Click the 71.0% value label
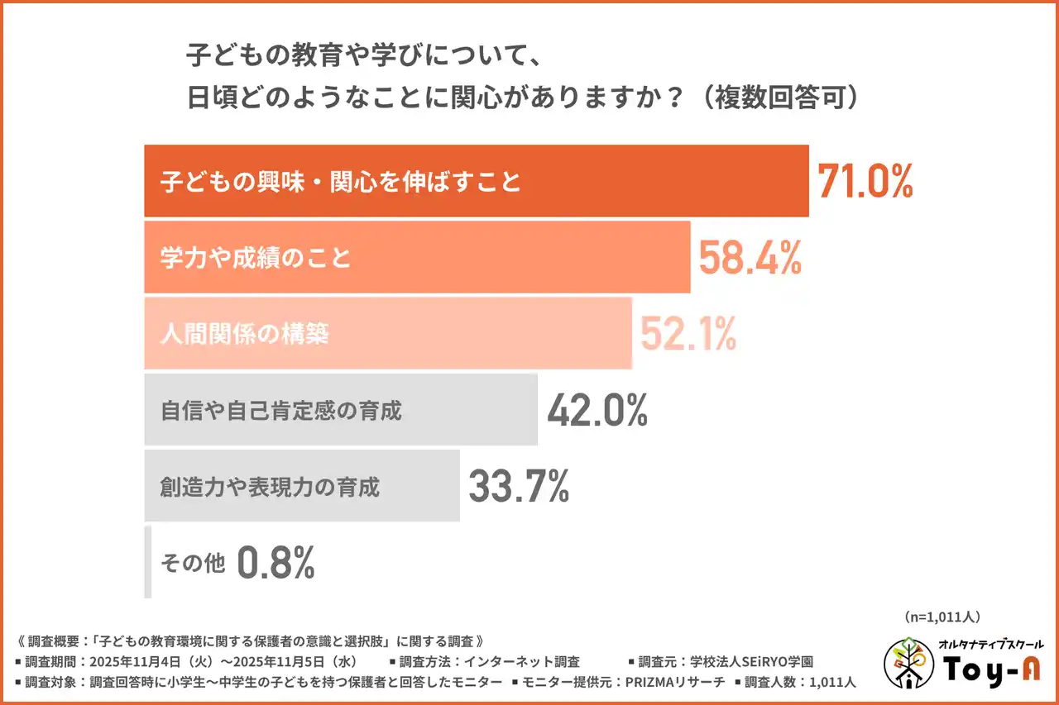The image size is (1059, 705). (865, 181)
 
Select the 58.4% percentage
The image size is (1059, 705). (750, 257)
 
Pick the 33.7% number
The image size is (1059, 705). (519, 486)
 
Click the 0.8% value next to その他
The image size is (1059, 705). (276, 563)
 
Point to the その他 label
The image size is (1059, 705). (192, 564)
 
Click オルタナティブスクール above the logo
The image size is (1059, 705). (990, 644)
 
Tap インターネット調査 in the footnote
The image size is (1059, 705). (521, 661)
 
